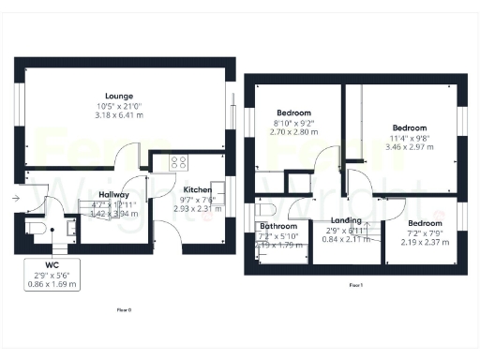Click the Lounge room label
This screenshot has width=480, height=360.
[x=119, y=96]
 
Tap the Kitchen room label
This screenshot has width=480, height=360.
[x=198, y=187]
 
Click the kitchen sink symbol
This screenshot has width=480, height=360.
[x=216, y=187]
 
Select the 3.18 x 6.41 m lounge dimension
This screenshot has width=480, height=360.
[x=119, y=116]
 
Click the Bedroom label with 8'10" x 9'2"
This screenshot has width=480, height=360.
[x=289, y=112]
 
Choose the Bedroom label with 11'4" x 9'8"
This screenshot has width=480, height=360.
[x=409, y=127]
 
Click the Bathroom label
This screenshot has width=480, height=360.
[x=278, y=227]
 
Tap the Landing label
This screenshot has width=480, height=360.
[x=344, y=220]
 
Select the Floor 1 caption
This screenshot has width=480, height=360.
[x=355, y=283]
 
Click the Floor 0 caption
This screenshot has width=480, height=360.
[x=124, y=308]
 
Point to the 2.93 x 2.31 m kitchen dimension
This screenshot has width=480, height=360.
[x=198, y=207]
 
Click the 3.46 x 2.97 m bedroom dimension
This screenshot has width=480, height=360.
[x=409, y=148]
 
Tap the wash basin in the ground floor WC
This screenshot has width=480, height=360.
[x=68, y=226]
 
